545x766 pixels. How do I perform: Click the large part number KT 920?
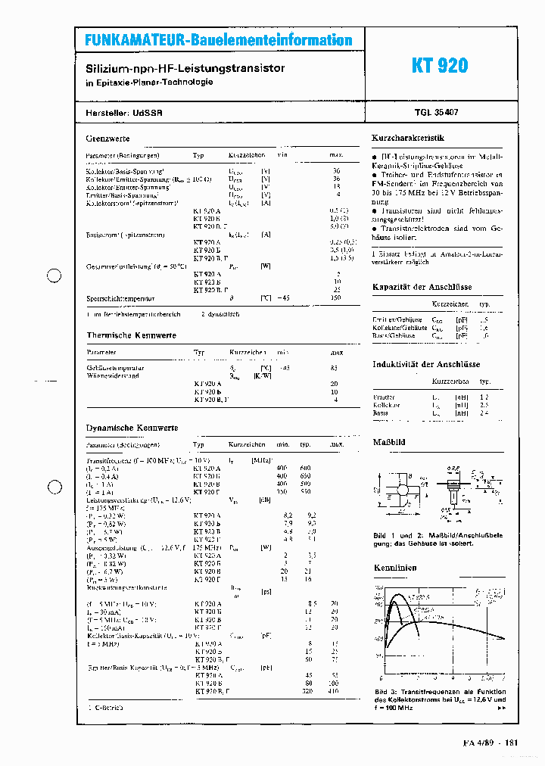pyautogui.click(x=440, y=66)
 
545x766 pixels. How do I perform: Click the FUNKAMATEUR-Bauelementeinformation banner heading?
pyautogui.click(x=218, y=40)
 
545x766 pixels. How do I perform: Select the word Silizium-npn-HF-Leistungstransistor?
pyautogui.click(x=185, y=68)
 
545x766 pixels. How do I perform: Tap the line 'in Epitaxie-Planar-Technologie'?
pyautogui.click(x=149, y=83)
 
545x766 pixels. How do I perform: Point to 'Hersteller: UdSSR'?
pyautogui.click(x=124, y=111)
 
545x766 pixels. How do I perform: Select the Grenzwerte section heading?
pyautogui.click(x=107, y=139)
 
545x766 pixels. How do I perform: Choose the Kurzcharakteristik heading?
pyautogui.click(x=407, y=138)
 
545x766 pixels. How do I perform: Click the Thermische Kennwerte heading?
pyautogui.click(x=131, y=335)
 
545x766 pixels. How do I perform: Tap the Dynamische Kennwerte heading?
pyautogui.click(x=132, y=428)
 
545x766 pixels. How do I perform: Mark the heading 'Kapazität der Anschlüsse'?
pyautogui.click(x=422, y=287)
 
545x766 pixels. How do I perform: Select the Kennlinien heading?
pyautogui.click(x=395, y=567)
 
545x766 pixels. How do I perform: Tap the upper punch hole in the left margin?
pyautogui.click(x=54, y=276)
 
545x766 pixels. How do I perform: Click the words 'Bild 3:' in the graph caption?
pyautogui.click(x=385, y=692)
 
